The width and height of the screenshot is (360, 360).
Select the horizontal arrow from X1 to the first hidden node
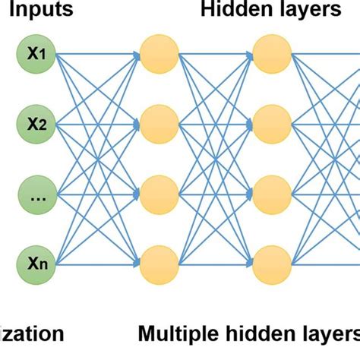(x=97, y=54)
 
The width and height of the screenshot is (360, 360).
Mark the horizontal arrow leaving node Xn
(x=97, y=264)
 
